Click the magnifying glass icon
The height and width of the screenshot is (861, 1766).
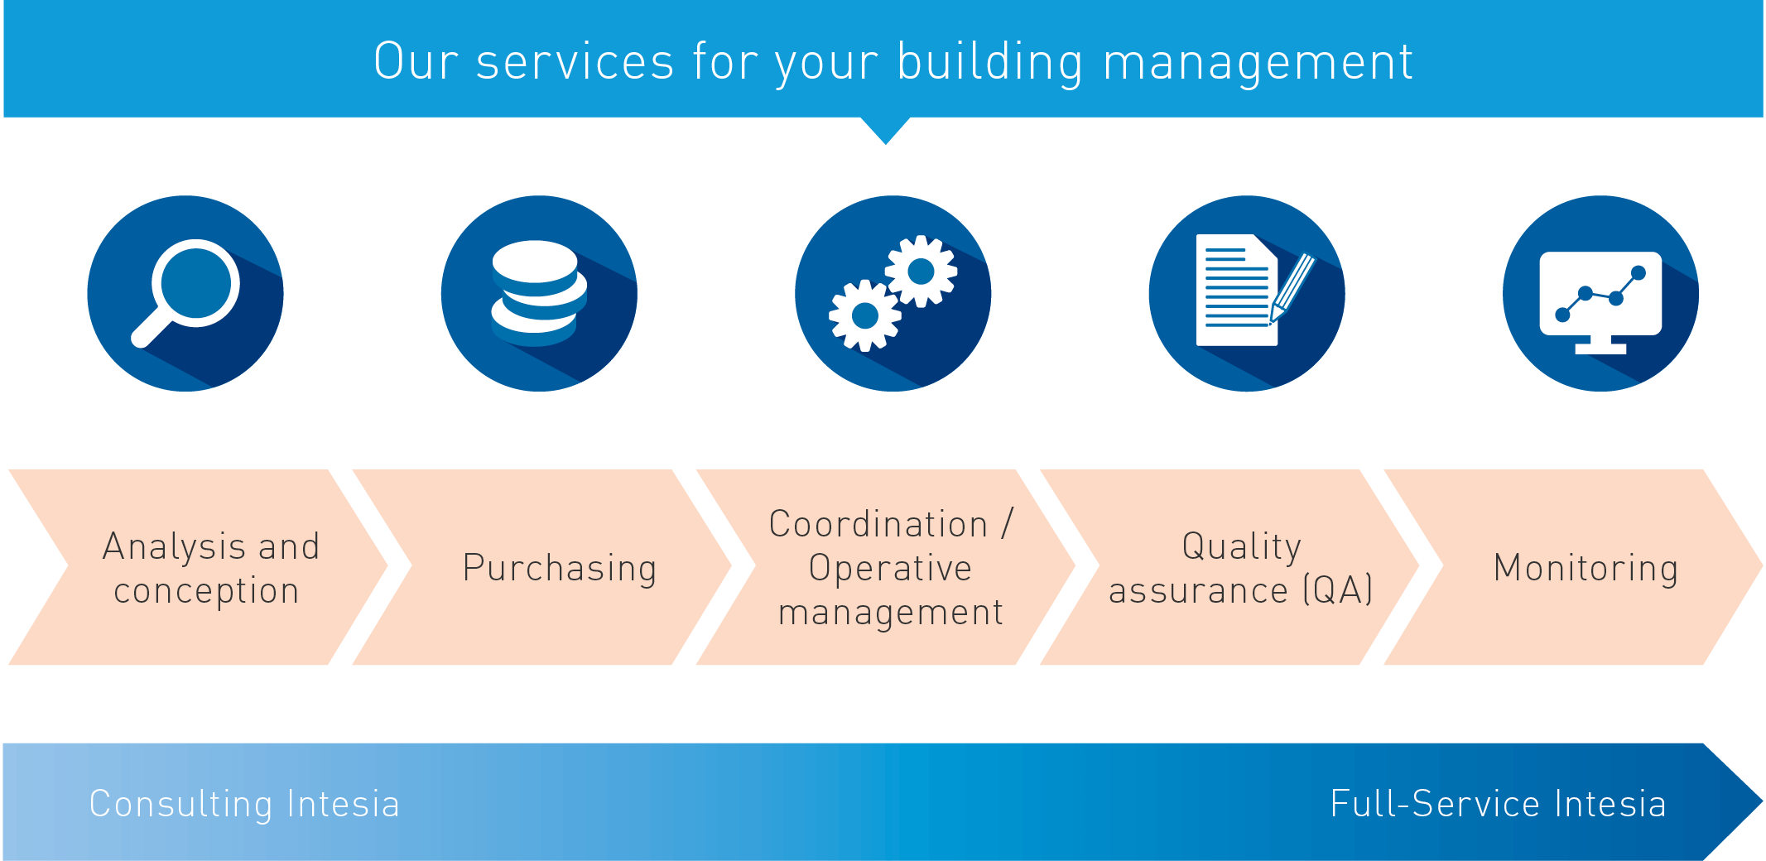pos(186,291)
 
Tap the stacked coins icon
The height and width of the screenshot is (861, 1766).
pos(539,293)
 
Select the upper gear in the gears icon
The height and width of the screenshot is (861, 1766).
pos(921,271)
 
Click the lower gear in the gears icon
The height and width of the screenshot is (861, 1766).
pos(865,315)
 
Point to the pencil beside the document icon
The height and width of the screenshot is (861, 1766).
pos(1292,287)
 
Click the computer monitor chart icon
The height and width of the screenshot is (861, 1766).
pos(1600,302)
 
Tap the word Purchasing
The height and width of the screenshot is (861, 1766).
pos(560,569)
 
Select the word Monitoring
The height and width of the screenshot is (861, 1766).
pos(1586,569)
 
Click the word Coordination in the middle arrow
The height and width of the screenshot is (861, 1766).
pos(878,524)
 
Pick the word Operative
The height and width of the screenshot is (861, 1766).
pos(890,569)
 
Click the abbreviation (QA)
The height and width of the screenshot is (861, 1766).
pos(1338,590)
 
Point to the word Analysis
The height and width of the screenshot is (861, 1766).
pos(175,547)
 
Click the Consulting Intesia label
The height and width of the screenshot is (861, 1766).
pos(244,804)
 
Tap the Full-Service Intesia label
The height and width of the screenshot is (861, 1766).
pos(1498,804)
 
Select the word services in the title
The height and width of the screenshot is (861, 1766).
pos(575,62)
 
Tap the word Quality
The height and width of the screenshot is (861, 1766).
pos(1241,547)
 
